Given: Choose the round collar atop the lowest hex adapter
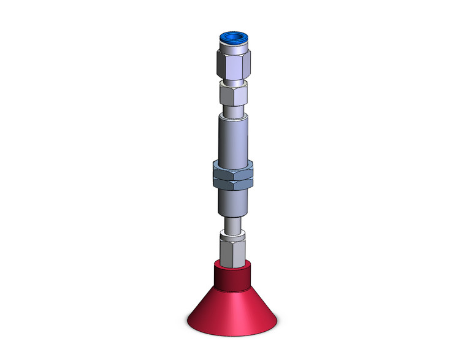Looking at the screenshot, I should point(233,234).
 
